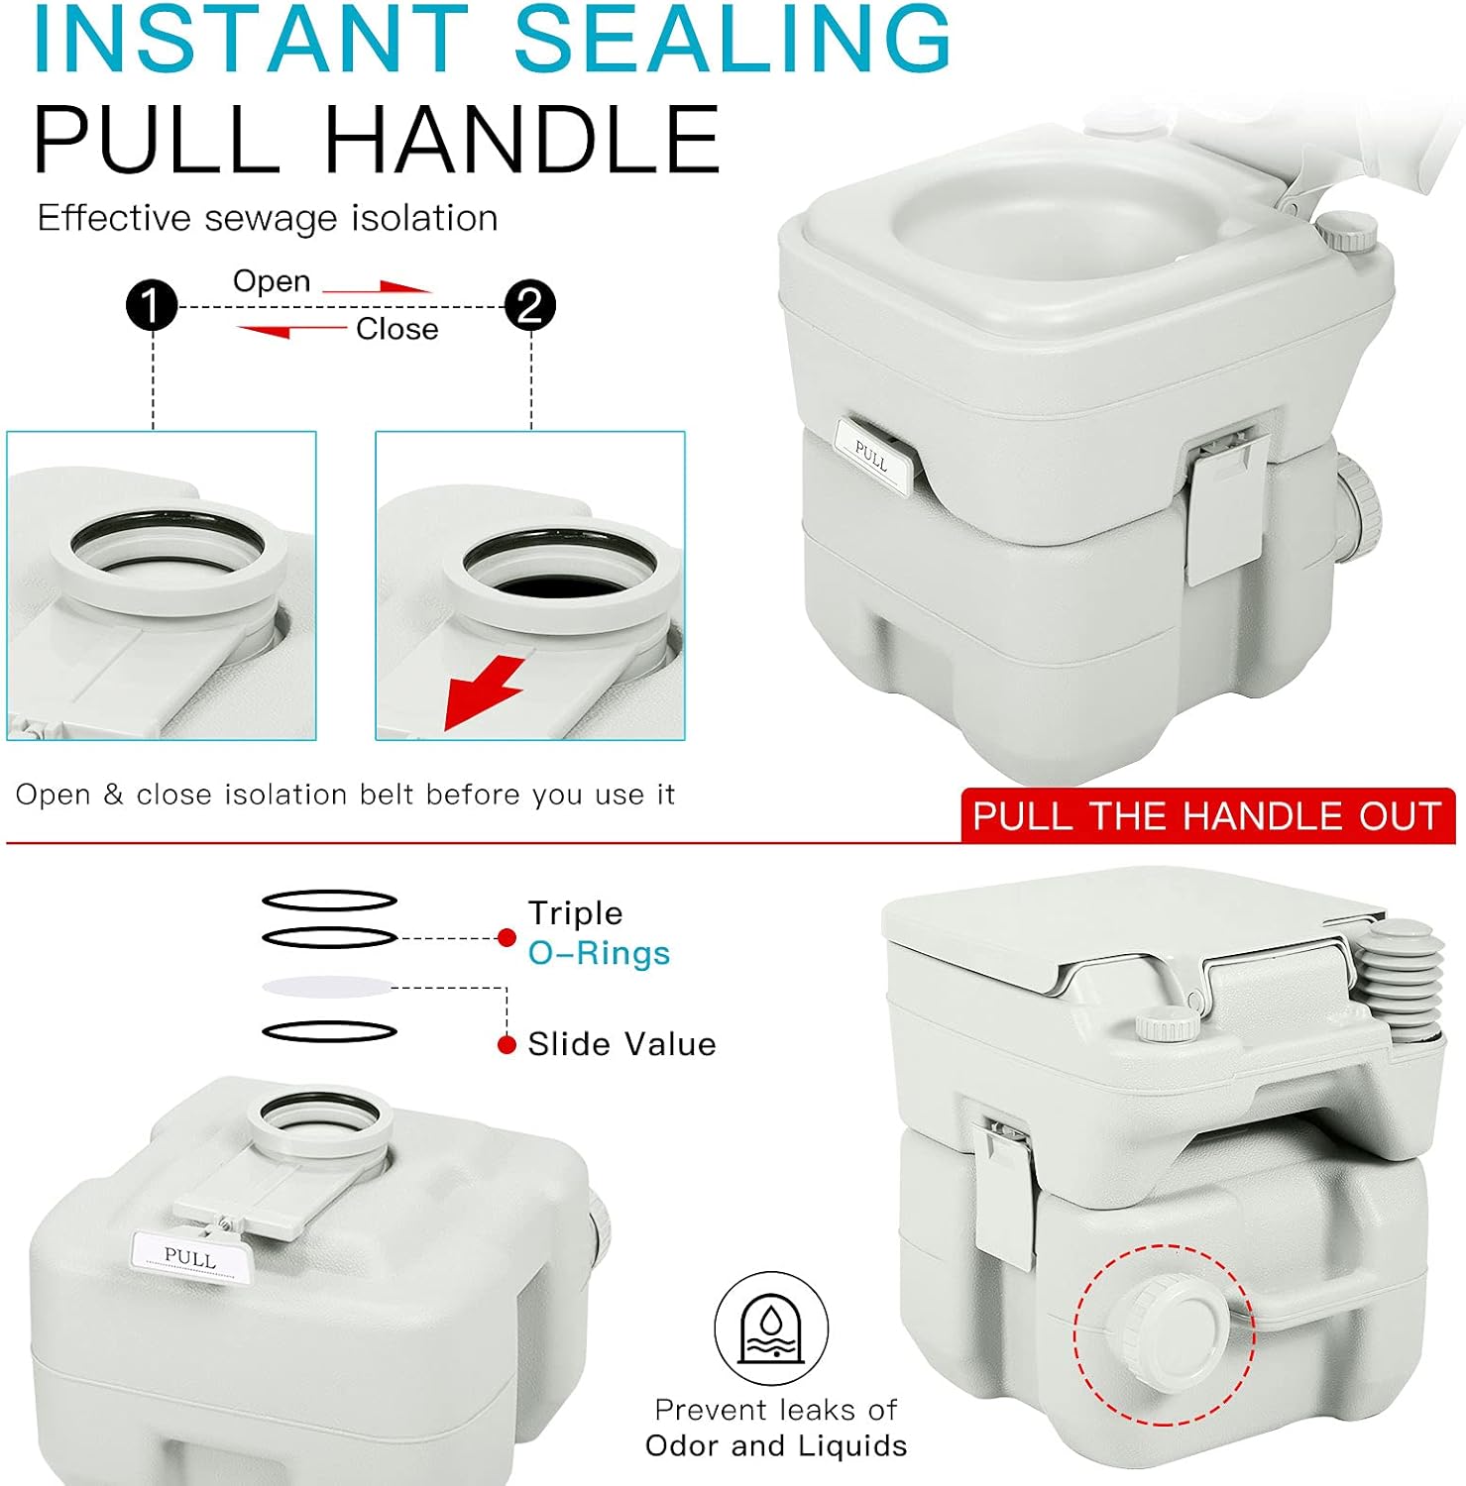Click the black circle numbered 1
tap(152, 305)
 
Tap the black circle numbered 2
tap(530, 305)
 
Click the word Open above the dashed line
tap(272, 281)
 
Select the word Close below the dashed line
tap(396, 329)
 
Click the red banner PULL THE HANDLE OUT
tap(1207, 815)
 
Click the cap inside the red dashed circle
tap(1164, 1332)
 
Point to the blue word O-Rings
tap(599, 953)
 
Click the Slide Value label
tap(621, 1044)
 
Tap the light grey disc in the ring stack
tap(328, 987)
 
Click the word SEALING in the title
tap(733, 38)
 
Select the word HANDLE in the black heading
tap(521, 139)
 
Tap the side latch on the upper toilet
tap(1225, 506)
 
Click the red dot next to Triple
tap(507, 937)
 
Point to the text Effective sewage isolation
tap(268, 218)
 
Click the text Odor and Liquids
tap(776, 1446)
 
